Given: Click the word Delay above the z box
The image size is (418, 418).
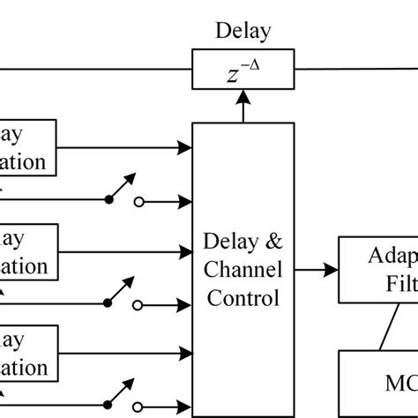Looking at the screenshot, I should coord(243,34).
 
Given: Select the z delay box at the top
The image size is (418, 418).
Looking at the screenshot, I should coord(243,69).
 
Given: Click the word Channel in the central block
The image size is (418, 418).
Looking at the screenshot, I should coord(243,269).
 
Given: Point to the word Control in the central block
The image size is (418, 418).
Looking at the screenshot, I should coord(243,297).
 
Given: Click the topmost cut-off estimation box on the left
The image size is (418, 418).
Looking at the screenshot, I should coord(26,148).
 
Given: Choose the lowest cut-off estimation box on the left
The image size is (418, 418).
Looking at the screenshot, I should coord(26,353).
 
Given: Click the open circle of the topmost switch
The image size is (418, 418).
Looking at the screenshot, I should coord(138,202).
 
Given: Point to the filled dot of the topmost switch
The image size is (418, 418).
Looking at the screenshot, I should coord(108,200).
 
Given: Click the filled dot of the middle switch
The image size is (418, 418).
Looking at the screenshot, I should coord(108,302).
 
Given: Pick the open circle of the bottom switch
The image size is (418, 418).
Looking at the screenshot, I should coord(138,407).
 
